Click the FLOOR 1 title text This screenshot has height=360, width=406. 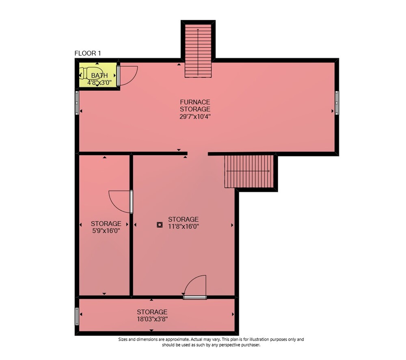(88, 53)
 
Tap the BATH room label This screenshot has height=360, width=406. (99, 76)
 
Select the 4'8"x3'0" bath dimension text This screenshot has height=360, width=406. (99, 82)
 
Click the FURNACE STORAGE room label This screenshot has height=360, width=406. (195, 106)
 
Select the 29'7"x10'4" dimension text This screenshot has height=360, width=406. (195, 117)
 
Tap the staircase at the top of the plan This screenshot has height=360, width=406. (198, 51)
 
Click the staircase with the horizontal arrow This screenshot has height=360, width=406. (249, 171)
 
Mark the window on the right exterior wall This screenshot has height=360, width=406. (337, 103)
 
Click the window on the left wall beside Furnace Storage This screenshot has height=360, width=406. (77, 102)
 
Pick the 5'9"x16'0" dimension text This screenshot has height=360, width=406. (106, 231)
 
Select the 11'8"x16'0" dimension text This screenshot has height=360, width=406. (184, 226)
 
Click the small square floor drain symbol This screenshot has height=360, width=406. (160, 225)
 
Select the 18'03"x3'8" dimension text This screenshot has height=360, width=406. (152, 319)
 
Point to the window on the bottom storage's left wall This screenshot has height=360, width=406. (77, 316)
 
